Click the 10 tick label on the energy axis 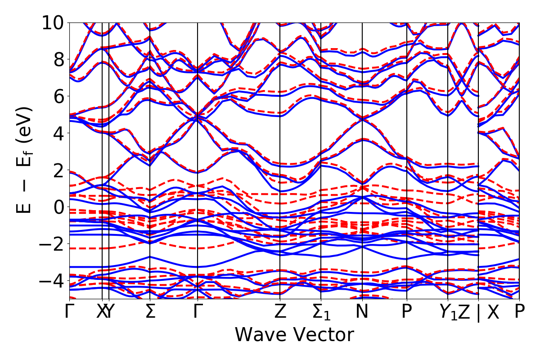tap(53, 22)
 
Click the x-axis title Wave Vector tap(294, 335)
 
